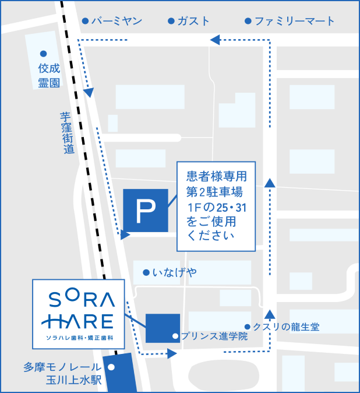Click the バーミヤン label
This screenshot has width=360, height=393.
[117, 21]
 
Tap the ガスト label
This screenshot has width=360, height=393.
[194, 21]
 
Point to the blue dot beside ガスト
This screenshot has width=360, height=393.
[171, 22]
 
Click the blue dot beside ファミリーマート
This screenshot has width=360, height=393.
[248, 22]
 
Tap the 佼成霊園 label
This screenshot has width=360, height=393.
[49, 75]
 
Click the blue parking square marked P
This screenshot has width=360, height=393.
[146, 210]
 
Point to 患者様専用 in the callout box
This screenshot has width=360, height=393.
[216, 176]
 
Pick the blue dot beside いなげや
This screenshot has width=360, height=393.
[146, 272]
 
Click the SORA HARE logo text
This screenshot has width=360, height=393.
[78, 310]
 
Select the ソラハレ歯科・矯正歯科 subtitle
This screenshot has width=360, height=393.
[78, 338]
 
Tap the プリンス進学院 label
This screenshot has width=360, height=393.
[214, 336]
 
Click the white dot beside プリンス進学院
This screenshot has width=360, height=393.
[175, 336]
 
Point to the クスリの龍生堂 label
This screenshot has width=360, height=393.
[286, 327]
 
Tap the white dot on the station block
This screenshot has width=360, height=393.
[111, 367]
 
